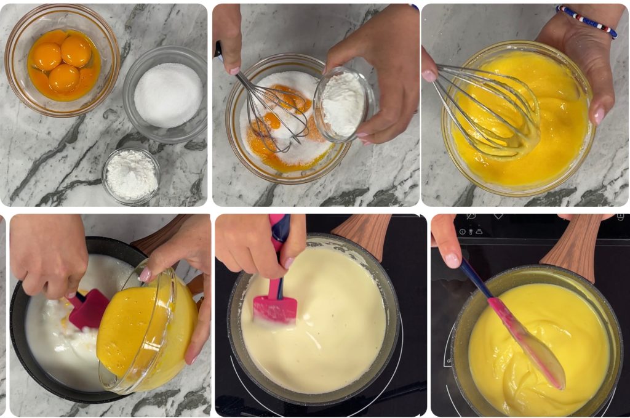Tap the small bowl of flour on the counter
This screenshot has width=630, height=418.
[131, 175]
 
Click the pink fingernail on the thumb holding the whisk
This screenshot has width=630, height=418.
[429, 76]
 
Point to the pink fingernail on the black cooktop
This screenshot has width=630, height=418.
[452, 260]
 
